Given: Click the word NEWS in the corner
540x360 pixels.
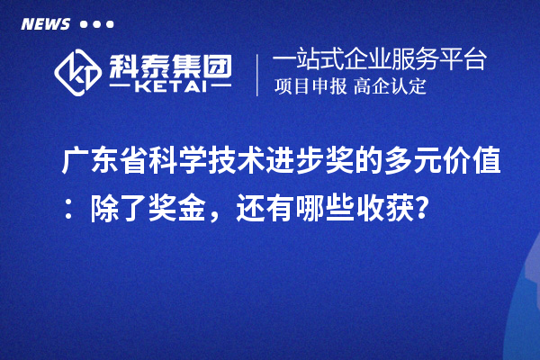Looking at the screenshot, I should click(x=44, y=23).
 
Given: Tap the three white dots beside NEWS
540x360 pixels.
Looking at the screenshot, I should click(x=96, y=24).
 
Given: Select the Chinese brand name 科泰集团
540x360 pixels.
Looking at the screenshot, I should click(x=170, y=63).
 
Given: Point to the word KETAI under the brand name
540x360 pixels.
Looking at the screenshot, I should click(x=170, y=88).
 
